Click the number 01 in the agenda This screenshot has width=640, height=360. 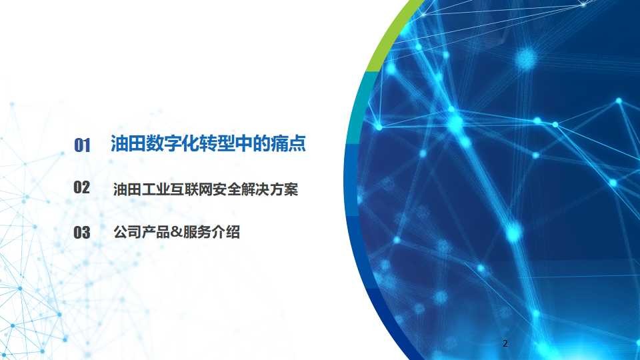pyautogui.click(x=82, y=145)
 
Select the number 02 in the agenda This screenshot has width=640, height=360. pyautogui.click(x=81, y=187)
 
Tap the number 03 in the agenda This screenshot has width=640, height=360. pyautogui.click(x=81, y=232)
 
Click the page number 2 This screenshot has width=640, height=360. pyautogui.click(x=505, y=343)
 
